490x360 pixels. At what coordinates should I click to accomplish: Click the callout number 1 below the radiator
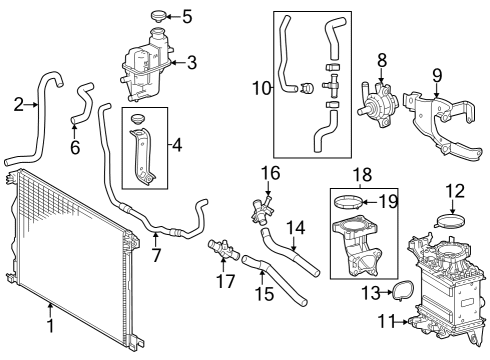pos(49,325)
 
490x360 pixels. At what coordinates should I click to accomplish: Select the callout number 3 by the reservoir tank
pos(192,62)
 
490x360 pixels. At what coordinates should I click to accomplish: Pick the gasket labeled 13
pos(402,292)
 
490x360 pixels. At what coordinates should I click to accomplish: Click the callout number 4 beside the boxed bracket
pos(177,145)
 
